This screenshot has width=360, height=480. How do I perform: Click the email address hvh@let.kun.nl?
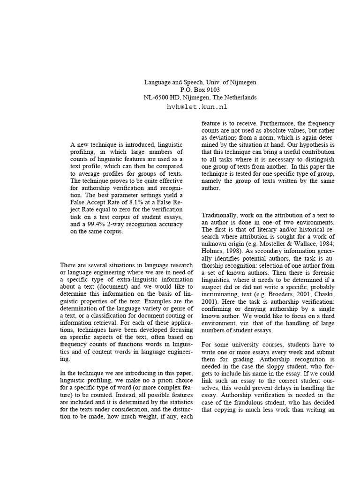[x=197, y=107]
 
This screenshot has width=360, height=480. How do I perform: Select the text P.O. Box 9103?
[x=200, y=90]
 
